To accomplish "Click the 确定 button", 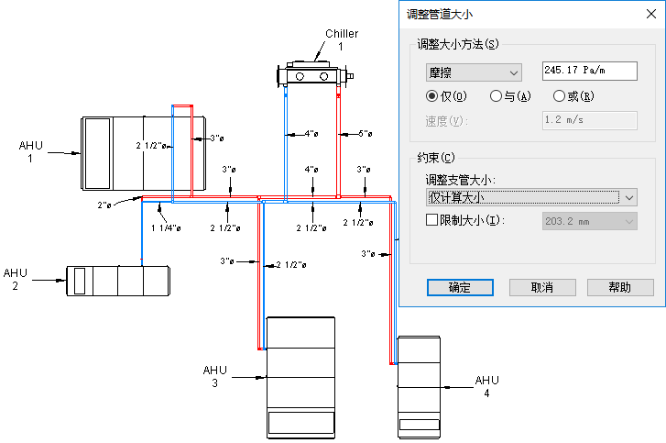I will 459,287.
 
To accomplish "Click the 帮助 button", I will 619,287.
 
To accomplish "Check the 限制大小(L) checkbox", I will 432,220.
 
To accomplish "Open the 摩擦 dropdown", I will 474,72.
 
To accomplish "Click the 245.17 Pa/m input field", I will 589,71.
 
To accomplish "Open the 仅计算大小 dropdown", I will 531,196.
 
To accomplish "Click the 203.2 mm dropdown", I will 590,220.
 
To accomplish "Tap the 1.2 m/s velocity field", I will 589,120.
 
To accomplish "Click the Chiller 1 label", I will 341,39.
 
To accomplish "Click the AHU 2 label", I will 16,279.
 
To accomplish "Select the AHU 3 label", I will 214,376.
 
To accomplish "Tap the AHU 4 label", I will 487,386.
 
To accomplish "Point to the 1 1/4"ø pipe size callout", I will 164,228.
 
